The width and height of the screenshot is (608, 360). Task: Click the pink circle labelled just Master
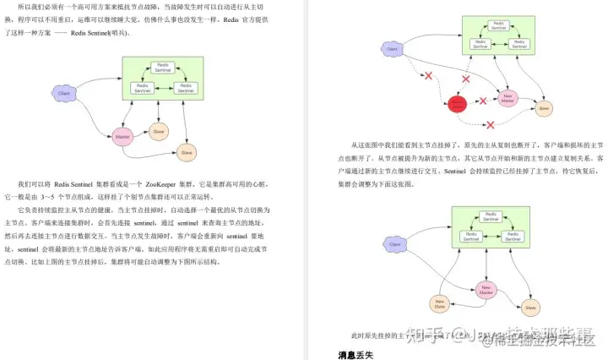pos(123,136)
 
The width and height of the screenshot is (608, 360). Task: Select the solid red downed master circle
pos(457,103)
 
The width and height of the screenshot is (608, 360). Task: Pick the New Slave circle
pos(439,303)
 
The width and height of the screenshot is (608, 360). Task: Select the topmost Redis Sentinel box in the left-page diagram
pos(162,66)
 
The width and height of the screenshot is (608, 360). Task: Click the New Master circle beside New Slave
pos(485,290)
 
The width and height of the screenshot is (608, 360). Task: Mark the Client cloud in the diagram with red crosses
pos(391,50)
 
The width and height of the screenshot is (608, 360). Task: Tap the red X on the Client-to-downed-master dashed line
pos(428,77)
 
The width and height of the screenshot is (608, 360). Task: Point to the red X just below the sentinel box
pos(464,78)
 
